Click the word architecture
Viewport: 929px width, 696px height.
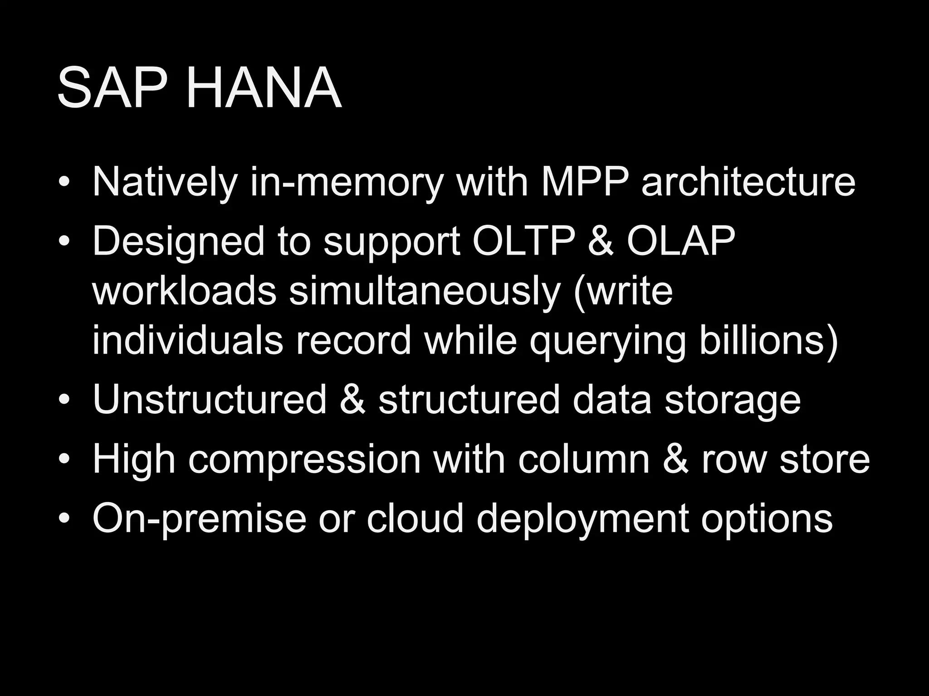[748, 182]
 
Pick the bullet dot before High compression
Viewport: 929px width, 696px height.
[64, 460]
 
